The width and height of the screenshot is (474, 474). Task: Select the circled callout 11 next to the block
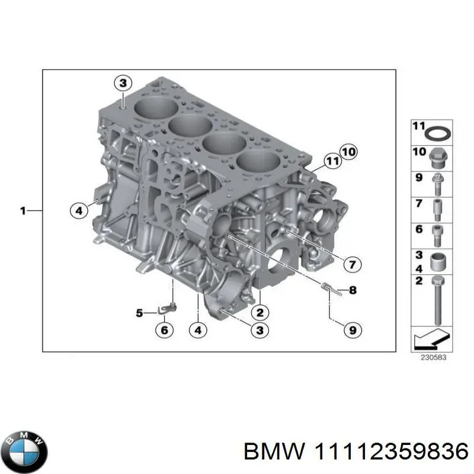click(x=332, y=160)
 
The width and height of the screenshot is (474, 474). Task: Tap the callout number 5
click(x=139, y=312)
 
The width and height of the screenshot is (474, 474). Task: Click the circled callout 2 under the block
click(x=259, y=312)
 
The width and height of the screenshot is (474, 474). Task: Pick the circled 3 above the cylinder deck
click(x=122, y=84)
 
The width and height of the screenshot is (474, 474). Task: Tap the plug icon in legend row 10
click(x=440, y=156)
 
